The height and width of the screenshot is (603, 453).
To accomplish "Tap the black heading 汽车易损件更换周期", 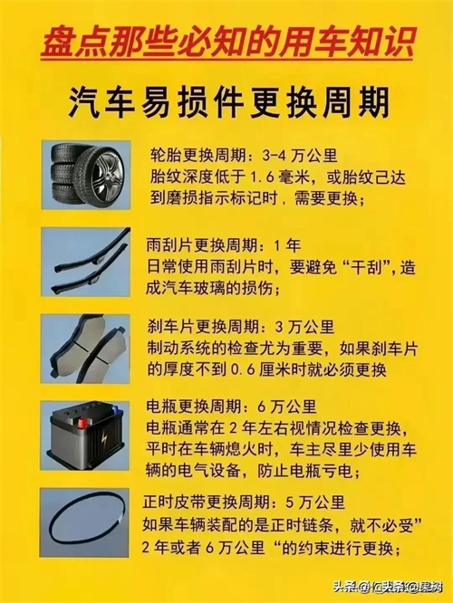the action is (229, 102).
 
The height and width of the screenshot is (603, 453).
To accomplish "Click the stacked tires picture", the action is (86, 175).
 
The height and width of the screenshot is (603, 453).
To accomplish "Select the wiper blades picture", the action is (86, 262).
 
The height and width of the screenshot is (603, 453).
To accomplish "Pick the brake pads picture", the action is (85, 349).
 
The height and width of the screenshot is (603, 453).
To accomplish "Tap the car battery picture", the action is (84, 435).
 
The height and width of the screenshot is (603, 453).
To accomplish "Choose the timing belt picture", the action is (84, 522).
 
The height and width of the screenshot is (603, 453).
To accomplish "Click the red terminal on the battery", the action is (82, 424).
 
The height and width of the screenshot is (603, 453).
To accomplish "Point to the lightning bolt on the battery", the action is (104, 439).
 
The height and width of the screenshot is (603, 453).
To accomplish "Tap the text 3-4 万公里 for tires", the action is (300, 156).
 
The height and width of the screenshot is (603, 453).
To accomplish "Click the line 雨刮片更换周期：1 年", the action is (224, 245).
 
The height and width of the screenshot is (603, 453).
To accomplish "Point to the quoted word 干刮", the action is (365, 267).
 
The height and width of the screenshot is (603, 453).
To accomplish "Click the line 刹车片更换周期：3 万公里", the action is (241, 327).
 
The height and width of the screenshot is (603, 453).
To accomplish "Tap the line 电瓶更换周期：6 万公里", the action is (231, 407).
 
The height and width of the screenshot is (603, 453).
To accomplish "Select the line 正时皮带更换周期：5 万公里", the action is (244, 502).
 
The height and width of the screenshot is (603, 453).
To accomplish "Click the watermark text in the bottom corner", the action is (388, 588).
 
